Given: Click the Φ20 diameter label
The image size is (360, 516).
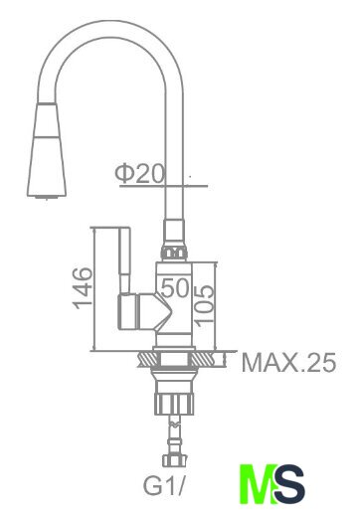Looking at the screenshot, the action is [x=139, y=174].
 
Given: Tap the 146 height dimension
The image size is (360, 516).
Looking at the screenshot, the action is [x=83, y=288].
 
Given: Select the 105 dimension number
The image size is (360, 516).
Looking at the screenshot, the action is [x=204, y=303].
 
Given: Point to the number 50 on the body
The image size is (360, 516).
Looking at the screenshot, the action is [x=175, y=287].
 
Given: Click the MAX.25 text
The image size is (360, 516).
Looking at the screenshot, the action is [x=288, y=363].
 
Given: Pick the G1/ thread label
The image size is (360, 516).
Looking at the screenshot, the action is [x=163, y=486].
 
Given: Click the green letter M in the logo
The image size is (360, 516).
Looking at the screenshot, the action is [x=257, y=484].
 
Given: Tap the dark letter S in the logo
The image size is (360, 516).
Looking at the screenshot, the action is [x=288, y=484].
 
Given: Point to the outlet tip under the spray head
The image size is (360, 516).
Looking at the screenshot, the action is [x=47, y=198].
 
